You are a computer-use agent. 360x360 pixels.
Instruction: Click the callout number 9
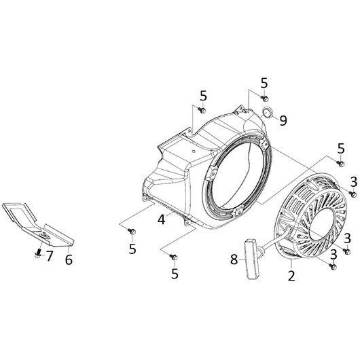283,120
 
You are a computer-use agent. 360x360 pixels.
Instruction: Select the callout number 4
162,219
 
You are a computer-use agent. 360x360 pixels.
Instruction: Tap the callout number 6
69,259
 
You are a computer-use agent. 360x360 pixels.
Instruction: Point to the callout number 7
50,256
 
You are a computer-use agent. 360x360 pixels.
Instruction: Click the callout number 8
234,259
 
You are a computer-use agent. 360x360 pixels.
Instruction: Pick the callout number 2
291,276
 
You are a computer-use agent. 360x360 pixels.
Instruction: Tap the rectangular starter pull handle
253,259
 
